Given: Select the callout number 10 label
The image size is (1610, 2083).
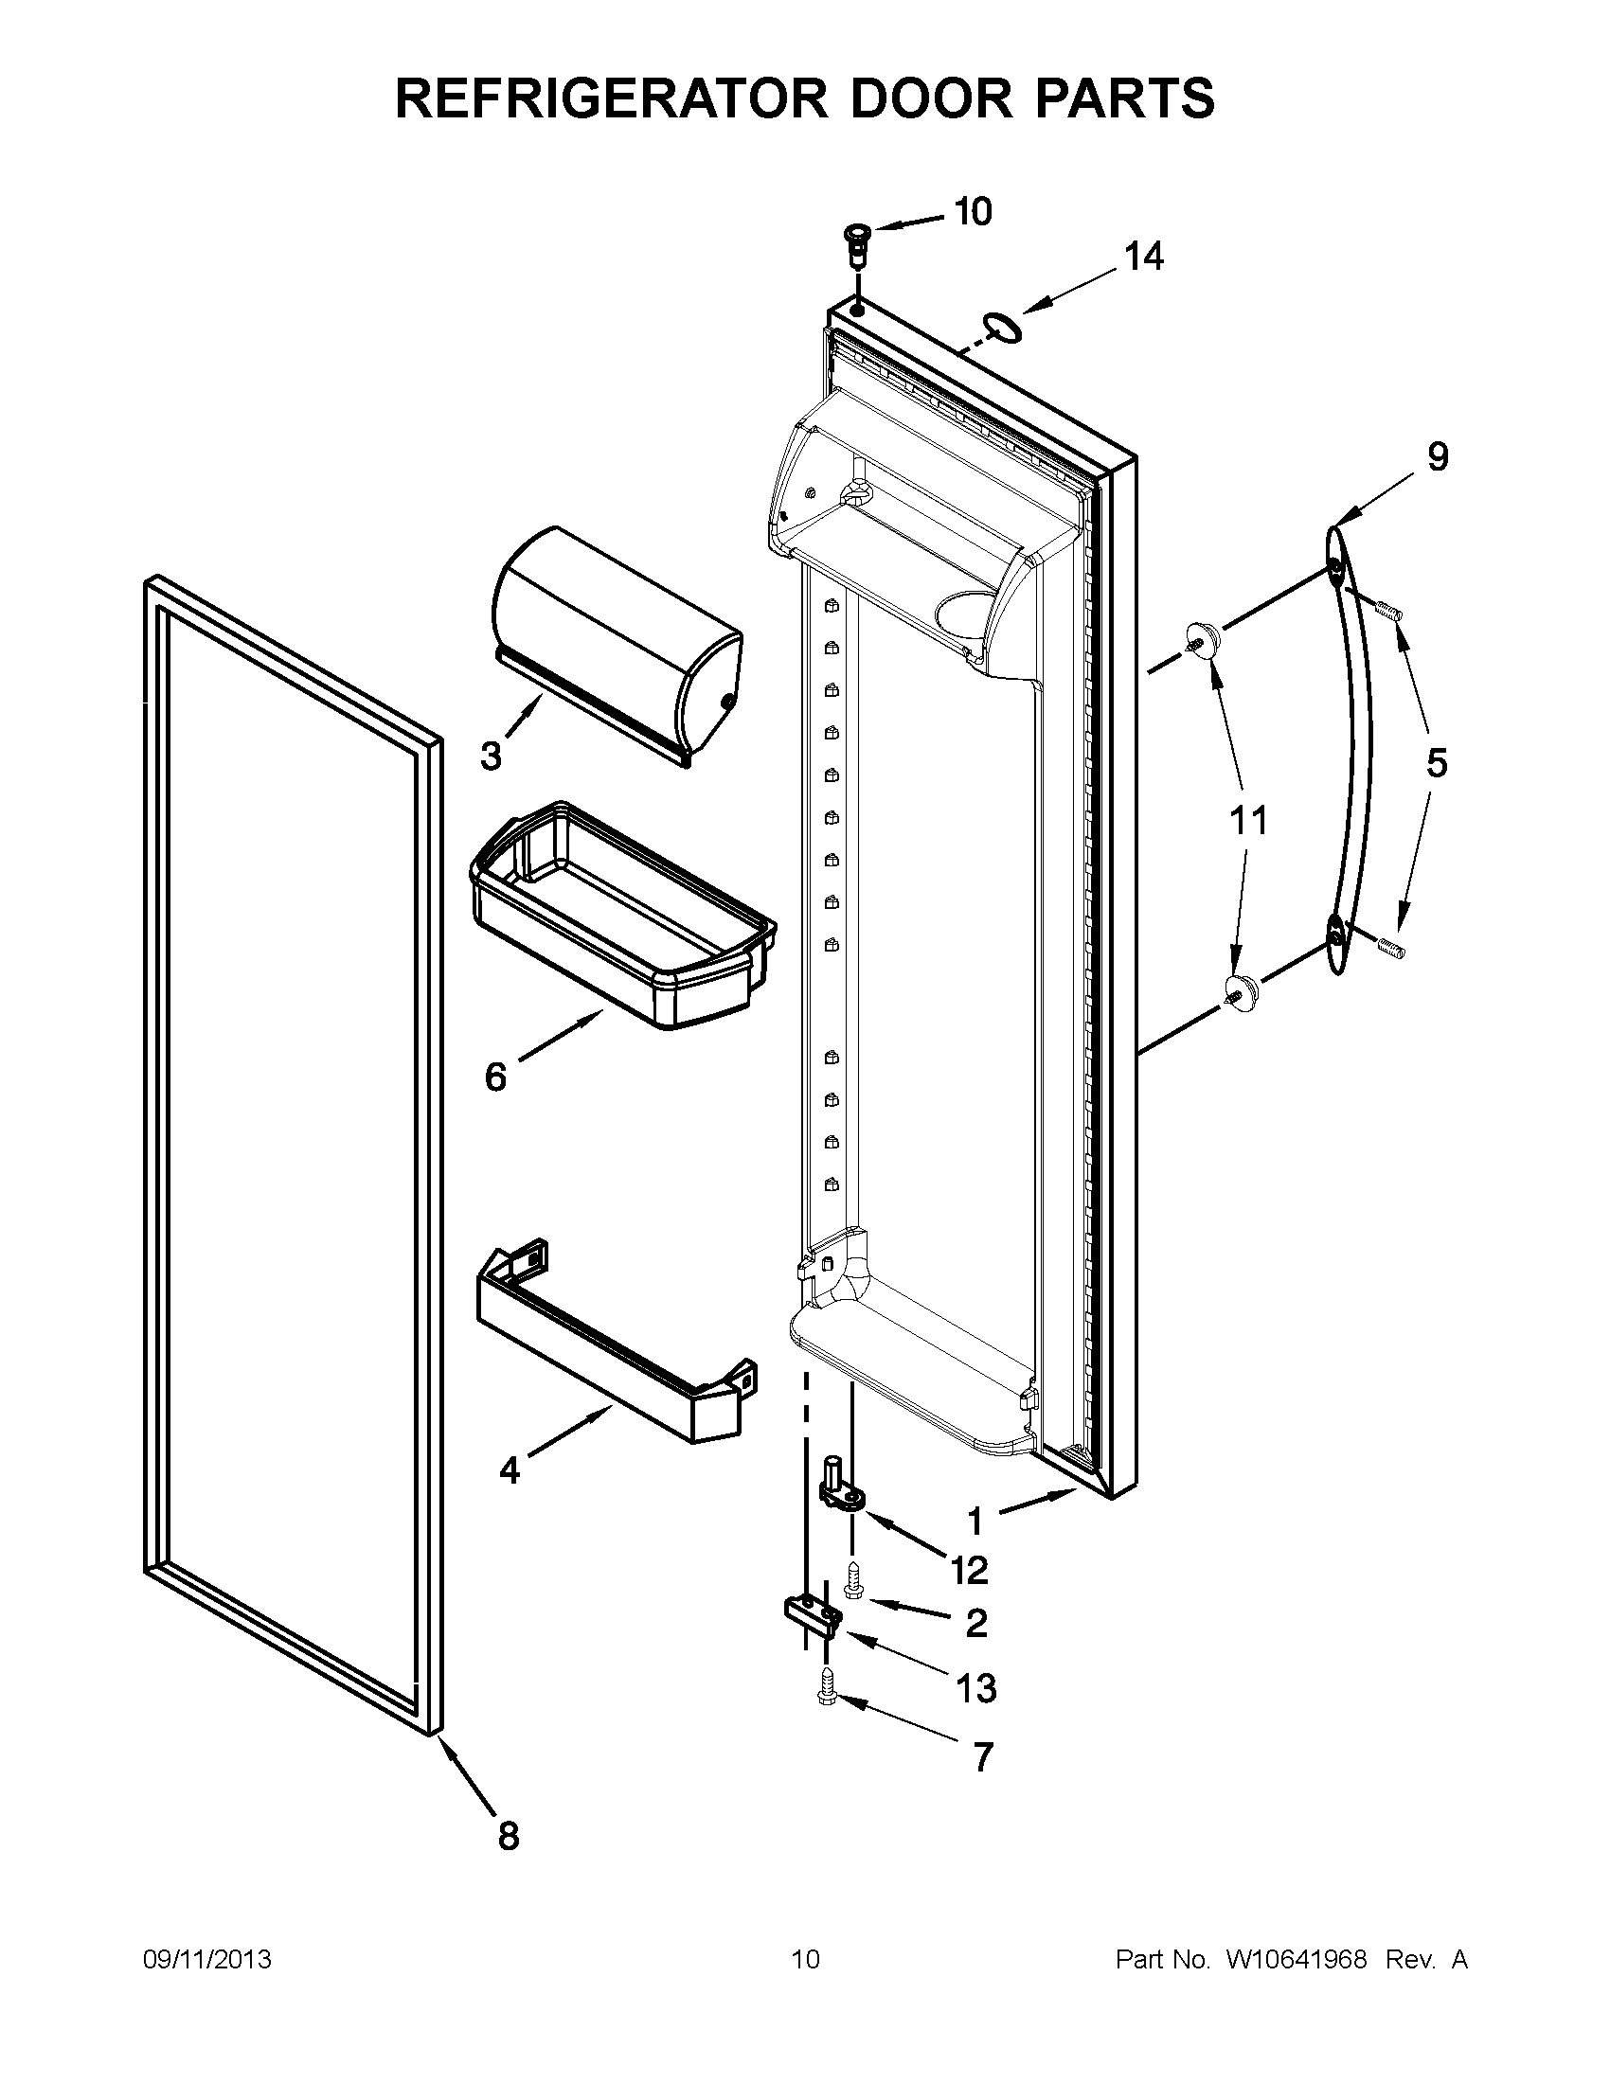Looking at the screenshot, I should tap(973, 211).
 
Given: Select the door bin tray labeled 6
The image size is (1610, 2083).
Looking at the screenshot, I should tap(622, 914).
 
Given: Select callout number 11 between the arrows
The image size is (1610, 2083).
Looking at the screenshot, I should tap(1248, 819).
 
